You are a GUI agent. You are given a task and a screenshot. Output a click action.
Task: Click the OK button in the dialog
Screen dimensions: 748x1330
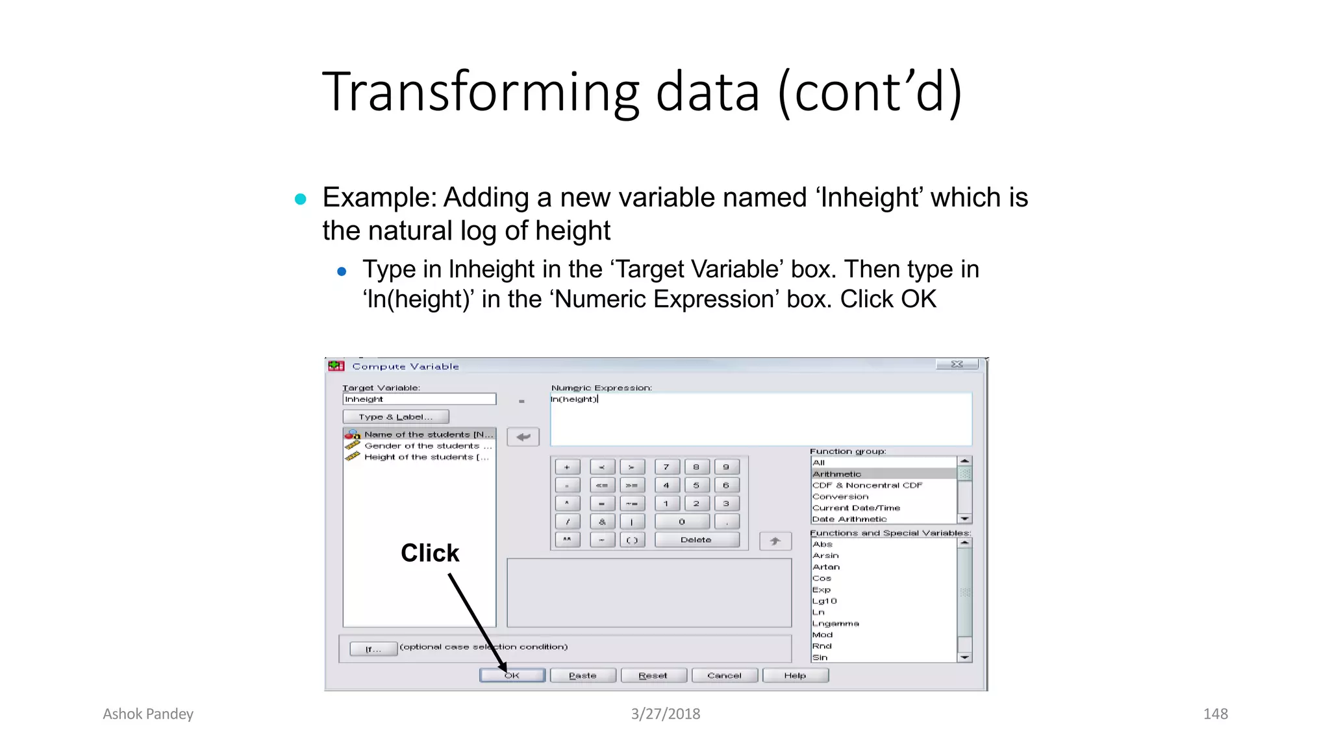[512, 676]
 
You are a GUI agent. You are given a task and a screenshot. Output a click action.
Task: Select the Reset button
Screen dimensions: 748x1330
[653, 676]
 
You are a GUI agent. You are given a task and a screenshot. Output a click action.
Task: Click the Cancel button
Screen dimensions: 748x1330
[724, 676]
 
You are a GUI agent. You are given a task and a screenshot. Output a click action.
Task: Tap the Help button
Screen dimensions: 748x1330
[795, 676]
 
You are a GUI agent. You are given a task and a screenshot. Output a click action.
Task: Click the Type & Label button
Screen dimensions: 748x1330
[395, 417]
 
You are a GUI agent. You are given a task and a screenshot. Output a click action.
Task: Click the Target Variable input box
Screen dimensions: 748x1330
[419, 399]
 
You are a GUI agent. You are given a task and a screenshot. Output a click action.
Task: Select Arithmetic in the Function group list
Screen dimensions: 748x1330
[837, 474]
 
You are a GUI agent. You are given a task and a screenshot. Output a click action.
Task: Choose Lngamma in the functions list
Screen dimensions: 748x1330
[836, 623]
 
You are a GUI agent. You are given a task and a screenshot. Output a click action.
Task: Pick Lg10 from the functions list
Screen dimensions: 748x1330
[825, 601]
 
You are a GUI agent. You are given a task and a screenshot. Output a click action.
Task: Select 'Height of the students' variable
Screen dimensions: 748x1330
[425, 457]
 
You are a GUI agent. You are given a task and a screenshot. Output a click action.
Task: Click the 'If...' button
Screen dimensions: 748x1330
[373, 649]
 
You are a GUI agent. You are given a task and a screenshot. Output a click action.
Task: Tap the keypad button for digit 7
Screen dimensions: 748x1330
[666, 467]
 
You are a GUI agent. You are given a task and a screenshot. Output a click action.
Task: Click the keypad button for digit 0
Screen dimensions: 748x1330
[682, 521]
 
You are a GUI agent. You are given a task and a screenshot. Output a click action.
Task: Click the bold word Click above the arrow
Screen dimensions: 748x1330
[430, 553]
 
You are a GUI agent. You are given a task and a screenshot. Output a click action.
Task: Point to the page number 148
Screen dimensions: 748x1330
[1215, 714]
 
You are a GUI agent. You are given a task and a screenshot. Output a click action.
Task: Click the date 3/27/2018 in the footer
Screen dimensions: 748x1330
[666, 714]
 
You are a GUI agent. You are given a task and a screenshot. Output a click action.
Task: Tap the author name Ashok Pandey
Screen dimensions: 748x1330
[148, 714]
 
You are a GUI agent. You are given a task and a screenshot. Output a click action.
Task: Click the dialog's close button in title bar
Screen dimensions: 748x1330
[957, 364]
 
